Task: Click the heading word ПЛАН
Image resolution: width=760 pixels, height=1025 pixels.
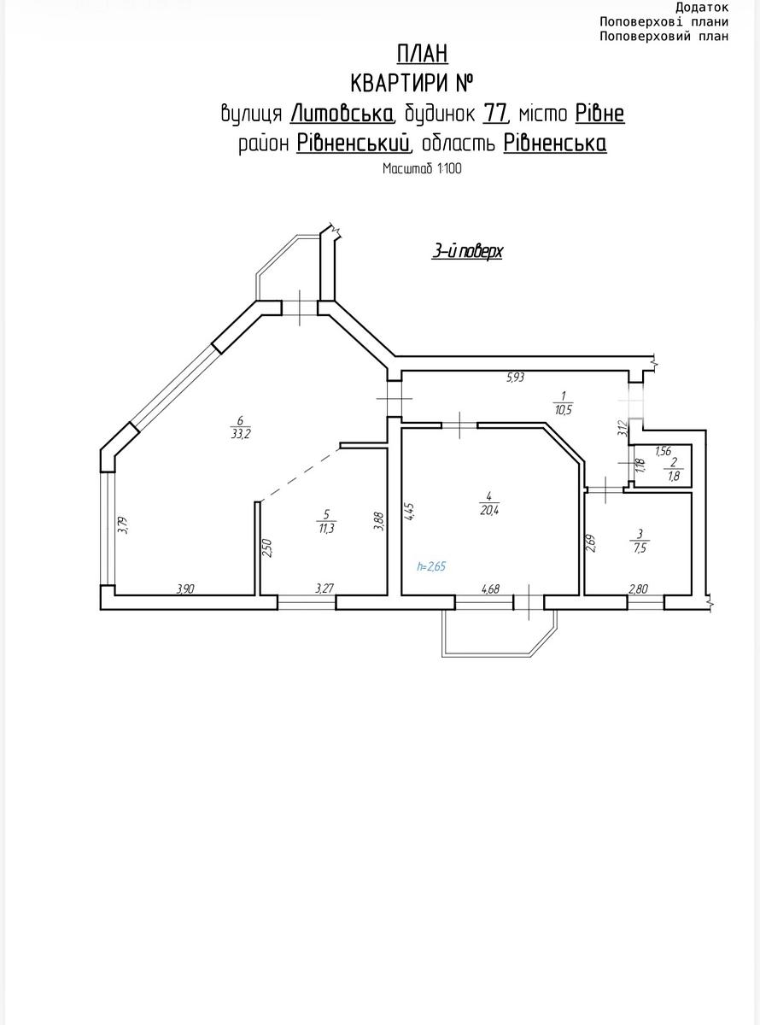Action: coord(423,54)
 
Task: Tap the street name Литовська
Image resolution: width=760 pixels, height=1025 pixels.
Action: coord(342,114)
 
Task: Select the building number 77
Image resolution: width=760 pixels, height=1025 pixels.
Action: coord(495,114)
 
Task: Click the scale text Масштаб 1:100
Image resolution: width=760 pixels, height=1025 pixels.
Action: coord(422,168)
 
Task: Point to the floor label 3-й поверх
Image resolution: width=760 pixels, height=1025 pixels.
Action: coord(467,251)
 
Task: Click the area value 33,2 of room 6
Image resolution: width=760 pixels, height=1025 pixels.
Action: coord(240,434)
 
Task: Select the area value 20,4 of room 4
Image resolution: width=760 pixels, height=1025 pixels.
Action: coord(489,510)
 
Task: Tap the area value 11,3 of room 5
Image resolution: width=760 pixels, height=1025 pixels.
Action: coord(326,528)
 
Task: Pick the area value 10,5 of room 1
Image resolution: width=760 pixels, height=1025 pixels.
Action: coord(564,409)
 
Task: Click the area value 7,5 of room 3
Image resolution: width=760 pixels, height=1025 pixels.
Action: coord(640,548)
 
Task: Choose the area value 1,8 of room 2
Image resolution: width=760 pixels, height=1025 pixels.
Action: coord(674,476)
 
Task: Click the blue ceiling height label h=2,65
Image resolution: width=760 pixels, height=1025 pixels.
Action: coord(431,566)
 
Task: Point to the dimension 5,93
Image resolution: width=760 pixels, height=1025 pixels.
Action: coord(516,378)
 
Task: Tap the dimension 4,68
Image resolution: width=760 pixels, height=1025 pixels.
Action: coord(490,589)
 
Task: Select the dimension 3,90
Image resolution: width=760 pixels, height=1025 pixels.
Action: coord(185,589)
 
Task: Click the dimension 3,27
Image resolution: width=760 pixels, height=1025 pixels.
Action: coord(324,589)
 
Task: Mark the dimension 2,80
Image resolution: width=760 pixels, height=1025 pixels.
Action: coord(638,589)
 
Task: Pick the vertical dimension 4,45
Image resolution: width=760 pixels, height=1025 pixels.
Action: coord(409,511)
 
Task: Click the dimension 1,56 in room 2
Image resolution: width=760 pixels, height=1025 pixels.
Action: coord(663,451)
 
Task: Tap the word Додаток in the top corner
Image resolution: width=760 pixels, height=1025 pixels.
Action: coord(702,8)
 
